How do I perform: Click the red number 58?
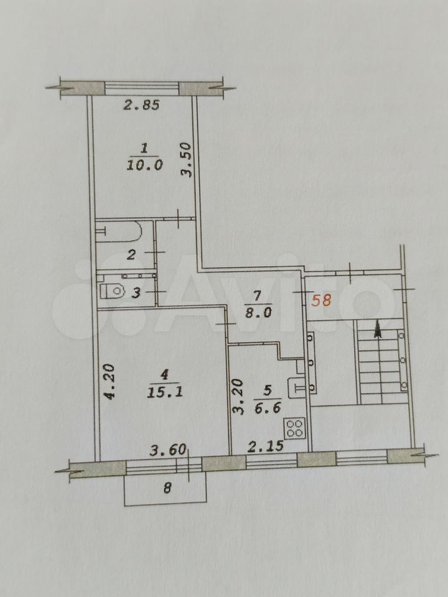[321, 300]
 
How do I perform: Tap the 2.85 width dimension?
[141, 104]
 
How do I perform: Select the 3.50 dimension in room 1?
[186, 159]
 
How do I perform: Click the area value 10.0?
[145, 165]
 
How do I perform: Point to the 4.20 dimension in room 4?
[110, 381]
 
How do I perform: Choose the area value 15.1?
[165, 392]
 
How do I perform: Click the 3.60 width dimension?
[167, 450]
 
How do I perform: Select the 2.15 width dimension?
[266, 446]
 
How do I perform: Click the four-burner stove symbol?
[295, 428]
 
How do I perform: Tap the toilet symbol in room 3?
[113, 291]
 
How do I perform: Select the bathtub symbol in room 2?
[118, 231]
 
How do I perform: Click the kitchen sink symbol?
[297, 387]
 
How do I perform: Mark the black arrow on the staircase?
[378, 328]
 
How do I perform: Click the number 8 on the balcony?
[167, 488]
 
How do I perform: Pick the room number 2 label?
[131, 254]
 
